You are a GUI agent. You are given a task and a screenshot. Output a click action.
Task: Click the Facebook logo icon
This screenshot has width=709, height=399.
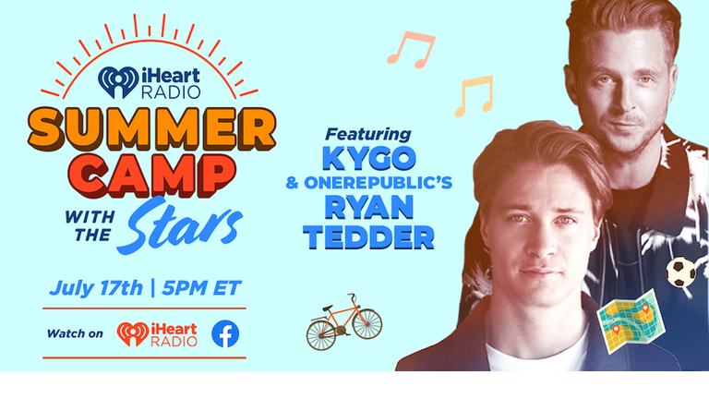click(x=225, y=333)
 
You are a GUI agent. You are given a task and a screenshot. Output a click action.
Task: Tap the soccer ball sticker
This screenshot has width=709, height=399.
click(x=681, y=272)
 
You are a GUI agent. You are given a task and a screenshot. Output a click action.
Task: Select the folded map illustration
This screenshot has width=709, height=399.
click(x=631, y=321)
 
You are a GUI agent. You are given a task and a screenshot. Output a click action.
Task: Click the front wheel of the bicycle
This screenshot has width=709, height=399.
click(x=367, y=323)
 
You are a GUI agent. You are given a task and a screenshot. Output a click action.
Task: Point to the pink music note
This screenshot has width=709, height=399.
click(x=411, y=49)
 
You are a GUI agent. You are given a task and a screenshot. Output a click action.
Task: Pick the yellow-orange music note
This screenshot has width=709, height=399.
click(x=474, y=96)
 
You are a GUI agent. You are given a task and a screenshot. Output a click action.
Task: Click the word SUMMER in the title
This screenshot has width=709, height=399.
click(x=151, y=129)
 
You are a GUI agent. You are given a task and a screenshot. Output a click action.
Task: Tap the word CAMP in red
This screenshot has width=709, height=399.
click(x=152, y=175)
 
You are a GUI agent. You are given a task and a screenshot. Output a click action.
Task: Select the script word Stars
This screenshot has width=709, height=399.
click(x=179, y=224)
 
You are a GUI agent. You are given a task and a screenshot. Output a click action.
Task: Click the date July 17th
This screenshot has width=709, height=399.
click(x=96, y=288)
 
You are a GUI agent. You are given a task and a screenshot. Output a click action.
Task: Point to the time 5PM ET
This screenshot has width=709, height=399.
click(x=201, y=288)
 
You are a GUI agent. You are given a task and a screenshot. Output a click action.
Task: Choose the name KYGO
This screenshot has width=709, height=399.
click(x=369, y=158)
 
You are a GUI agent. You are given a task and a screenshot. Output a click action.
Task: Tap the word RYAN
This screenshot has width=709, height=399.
click(x=369, y=207)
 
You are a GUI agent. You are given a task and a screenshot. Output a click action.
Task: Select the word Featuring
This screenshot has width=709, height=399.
click(x=368, y=134)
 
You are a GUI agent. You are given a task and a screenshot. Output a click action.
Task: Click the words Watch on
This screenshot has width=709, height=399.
click(x=75, y=333)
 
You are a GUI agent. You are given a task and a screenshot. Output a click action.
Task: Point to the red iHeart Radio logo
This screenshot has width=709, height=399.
click(x=157, y=334)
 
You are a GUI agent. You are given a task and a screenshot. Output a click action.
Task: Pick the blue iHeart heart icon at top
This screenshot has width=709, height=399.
click(x=118, y=82)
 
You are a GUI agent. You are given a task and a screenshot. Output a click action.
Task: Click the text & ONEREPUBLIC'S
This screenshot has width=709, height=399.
click(x=369, y=183)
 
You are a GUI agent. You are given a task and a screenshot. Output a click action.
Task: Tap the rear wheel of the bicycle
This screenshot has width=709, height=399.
click(x=321, y=335)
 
